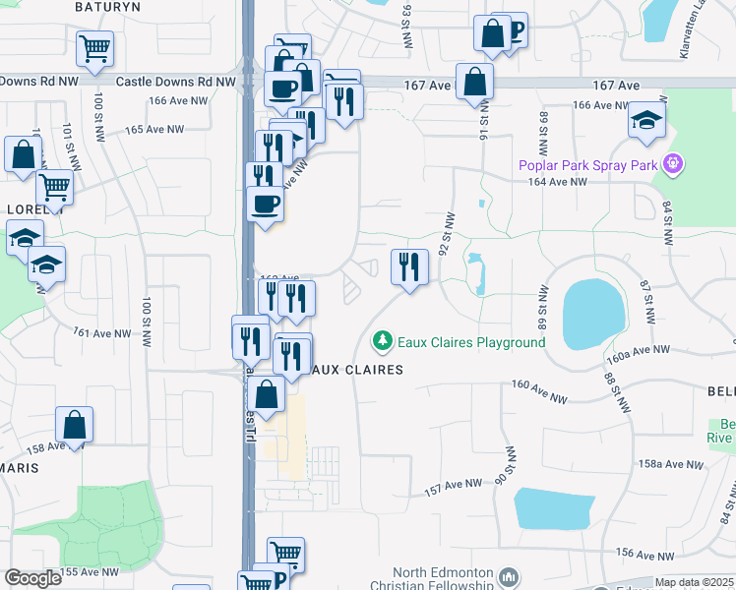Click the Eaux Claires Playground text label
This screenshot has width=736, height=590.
click(x=470, y=342)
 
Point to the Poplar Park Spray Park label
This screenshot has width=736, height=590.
click(x=587, y=164)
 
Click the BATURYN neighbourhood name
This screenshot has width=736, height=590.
click(x=109, y=6)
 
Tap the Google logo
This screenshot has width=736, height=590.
click(x=32, y=578)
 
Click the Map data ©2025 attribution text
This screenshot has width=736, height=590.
click(x=694, y=582)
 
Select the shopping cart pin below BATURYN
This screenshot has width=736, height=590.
click(x=94, y=48)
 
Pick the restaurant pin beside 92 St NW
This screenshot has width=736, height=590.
click(x=408, y=267)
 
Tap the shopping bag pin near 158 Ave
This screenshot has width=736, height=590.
click(x=74, y=425)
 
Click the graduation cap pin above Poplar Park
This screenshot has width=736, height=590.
click(x=647, y=121)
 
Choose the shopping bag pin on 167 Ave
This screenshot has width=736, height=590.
click(x=475, y=84)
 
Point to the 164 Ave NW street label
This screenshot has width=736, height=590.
click(x=557, y=182)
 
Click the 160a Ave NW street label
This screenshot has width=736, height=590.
click(x=639, y=350)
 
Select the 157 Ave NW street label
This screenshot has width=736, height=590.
click(x=453, y=485)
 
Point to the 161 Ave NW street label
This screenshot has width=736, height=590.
click(x=102, y=333)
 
